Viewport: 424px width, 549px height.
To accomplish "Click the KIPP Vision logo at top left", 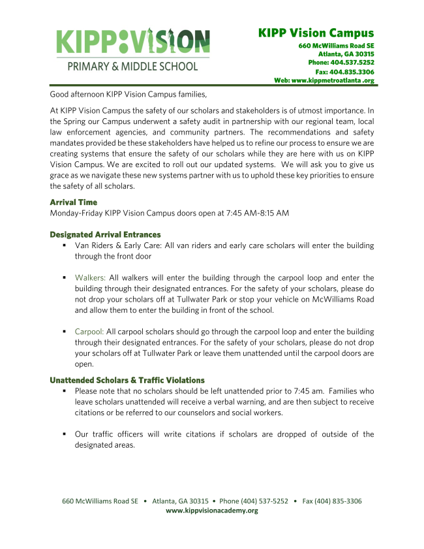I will tap(133, 41).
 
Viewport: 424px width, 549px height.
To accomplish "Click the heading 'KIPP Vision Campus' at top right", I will tap(316, 33).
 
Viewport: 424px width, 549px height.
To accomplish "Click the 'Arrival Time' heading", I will tap(74, 202).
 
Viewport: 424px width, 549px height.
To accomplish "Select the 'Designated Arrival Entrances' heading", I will tap(105, 234).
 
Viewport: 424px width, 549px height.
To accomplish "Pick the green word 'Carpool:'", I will tap(89, 332).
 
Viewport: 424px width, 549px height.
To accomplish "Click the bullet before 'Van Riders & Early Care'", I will tap(65, 245).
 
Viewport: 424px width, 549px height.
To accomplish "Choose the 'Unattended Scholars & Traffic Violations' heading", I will tap(127, 380).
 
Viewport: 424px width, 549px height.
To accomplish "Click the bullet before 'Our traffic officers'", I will tap(65, 434).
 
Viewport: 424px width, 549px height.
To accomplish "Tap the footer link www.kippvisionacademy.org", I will tap(212, 510).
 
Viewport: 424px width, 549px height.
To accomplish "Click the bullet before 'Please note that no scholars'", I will tap(65, 391).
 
